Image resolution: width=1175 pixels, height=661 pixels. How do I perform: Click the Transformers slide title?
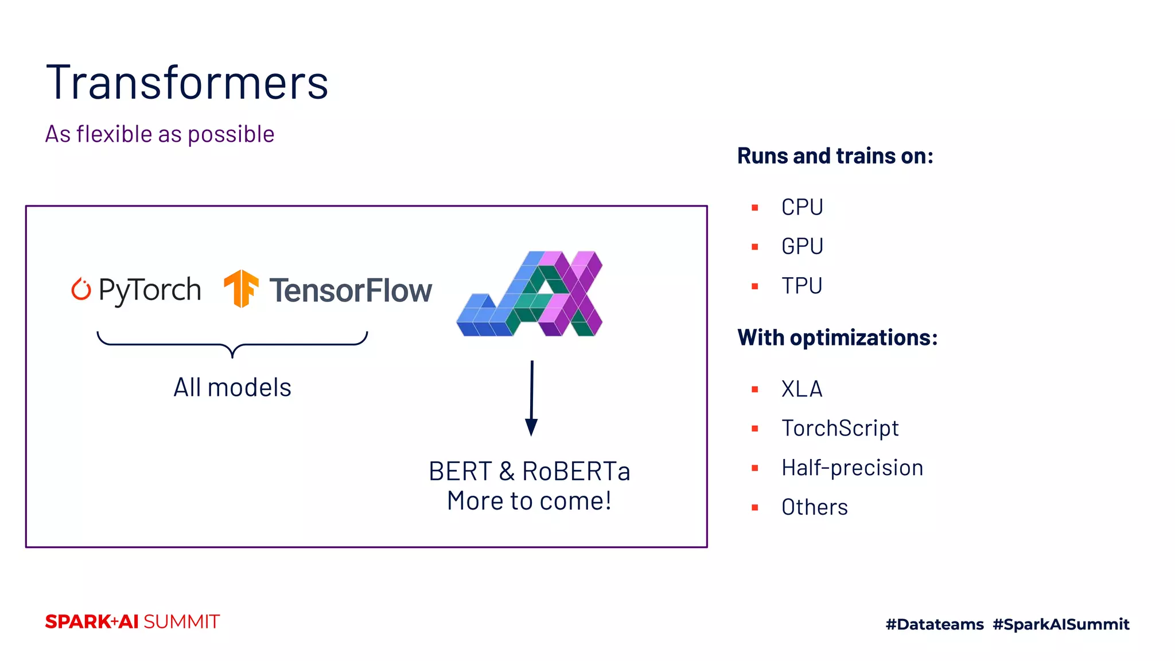187,83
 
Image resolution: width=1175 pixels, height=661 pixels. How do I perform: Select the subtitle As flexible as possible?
159,134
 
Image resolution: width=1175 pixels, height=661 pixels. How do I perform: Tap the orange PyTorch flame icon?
81,289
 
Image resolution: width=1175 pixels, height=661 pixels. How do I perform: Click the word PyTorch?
150,290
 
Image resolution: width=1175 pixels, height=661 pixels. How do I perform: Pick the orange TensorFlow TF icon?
241,288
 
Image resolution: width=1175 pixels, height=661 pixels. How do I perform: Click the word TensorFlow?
351,290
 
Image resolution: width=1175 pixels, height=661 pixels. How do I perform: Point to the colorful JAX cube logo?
530,294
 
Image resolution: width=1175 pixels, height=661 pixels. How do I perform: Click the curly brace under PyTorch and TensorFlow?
232,344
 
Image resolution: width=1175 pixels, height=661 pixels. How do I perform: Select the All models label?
232,387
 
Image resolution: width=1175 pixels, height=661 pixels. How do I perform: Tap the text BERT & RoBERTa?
529,472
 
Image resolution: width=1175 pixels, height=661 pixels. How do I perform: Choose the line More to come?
529,501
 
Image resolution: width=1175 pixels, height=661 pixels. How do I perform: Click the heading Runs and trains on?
835,156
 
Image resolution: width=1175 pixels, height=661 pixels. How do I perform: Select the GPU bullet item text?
802,246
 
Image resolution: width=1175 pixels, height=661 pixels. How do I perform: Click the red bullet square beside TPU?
755,286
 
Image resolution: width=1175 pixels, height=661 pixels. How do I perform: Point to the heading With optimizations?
837,337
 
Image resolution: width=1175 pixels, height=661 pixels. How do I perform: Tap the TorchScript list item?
840,428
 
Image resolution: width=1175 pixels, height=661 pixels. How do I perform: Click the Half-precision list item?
852,468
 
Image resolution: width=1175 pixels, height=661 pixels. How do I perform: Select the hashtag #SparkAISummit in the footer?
1061,624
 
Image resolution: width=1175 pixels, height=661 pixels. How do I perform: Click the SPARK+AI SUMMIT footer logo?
133,621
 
